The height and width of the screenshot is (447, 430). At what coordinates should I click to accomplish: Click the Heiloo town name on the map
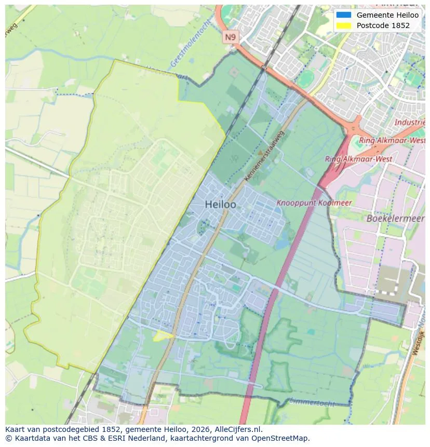click(x=220, y=205)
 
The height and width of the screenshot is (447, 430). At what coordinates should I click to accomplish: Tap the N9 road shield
click(x=230, y=36)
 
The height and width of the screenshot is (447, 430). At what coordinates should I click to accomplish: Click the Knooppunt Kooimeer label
click(x=314, y=203)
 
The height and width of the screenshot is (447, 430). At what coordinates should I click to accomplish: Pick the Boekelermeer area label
click(x=395, y=219)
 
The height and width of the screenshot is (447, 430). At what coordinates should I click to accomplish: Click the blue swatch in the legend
click(x=343, y=15)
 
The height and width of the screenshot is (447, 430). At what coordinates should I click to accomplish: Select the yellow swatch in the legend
click(x=343, y=25)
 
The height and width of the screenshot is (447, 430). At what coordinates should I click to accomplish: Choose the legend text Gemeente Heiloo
click(x=387, y=15)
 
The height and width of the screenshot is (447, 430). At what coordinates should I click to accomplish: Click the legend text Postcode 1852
click(x=383, y=25)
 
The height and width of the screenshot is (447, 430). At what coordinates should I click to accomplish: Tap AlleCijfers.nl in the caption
click(x=236, y=429)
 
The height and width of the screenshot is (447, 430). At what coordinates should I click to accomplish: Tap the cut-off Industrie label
click(x=410, y=123)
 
